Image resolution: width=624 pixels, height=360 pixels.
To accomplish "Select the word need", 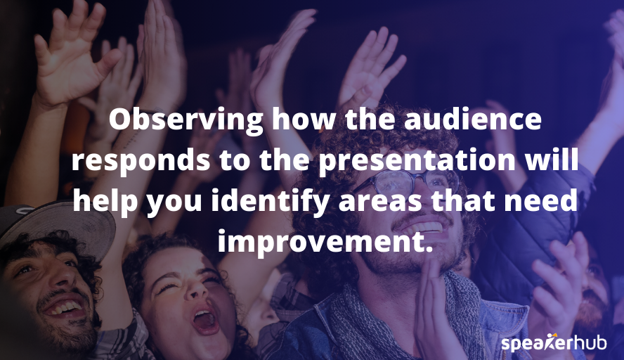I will coord(545,202).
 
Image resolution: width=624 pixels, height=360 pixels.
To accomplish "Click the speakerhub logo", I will coord(554,343).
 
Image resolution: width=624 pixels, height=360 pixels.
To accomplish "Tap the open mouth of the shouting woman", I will coord(204,320).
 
